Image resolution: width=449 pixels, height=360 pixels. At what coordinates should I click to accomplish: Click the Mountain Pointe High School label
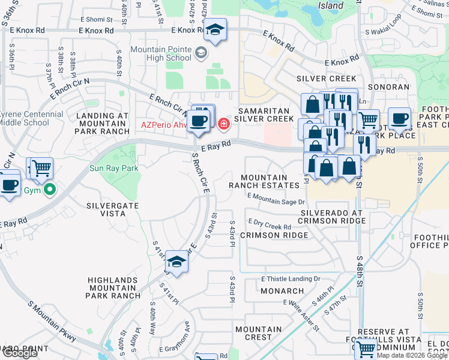point(161,53)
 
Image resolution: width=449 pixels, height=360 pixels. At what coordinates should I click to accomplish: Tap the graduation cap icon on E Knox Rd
point(214,29)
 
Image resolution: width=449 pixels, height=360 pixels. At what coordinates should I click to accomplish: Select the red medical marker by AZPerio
point(224,124)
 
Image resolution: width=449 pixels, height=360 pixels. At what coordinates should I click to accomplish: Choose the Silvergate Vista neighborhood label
point(113,210)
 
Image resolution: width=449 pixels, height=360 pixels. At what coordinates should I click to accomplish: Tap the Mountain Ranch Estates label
point(264,181)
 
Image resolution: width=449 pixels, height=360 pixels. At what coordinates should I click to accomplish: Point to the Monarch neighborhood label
point(282,291)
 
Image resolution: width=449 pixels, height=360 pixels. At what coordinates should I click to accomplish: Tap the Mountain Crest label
point(259,334)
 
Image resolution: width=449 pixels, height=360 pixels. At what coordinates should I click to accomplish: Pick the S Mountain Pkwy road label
point(52,321)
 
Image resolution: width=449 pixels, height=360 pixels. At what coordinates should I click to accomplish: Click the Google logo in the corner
point(19,353)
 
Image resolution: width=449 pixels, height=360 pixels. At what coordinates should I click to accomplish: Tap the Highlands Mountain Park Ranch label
point(113,288)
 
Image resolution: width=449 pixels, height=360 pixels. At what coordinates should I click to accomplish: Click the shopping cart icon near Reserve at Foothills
point(364,349)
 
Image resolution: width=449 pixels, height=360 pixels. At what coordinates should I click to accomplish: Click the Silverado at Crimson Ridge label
point(333,217)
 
